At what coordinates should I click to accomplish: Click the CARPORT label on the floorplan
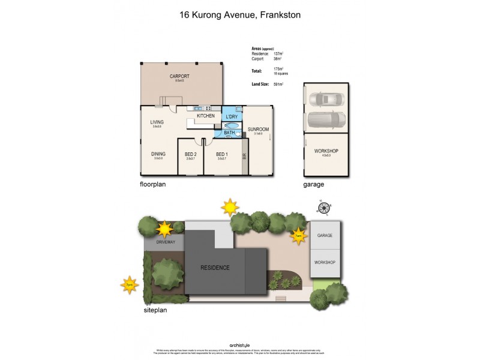[x=179, y=76]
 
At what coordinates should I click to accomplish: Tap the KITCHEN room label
[x=206, y=116]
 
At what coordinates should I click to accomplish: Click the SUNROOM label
[x=258, y=129]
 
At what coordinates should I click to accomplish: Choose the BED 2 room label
[x=191, y=154]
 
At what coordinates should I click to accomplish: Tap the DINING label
[x=158, y=153]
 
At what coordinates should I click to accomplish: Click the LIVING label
[x=157, y=122]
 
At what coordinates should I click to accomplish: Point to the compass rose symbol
[x=324, y=208]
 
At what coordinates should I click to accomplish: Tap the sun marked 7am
[x=298, y=236]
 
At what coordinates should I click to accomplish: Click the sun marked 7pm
[x=129, y=284]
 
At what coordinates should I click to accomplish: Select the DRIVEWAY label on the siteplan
[x=166, y=242]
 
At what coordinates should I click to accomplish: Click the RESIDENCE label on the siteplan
[x=215, y=268]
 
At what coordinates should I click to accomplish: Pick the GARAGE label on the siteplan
[x=325, y=236]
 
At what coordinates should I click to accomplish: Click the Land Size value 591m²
[x=278, y=85]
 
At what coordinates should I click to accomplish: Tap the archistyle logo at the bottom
[x=240, y=345]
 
